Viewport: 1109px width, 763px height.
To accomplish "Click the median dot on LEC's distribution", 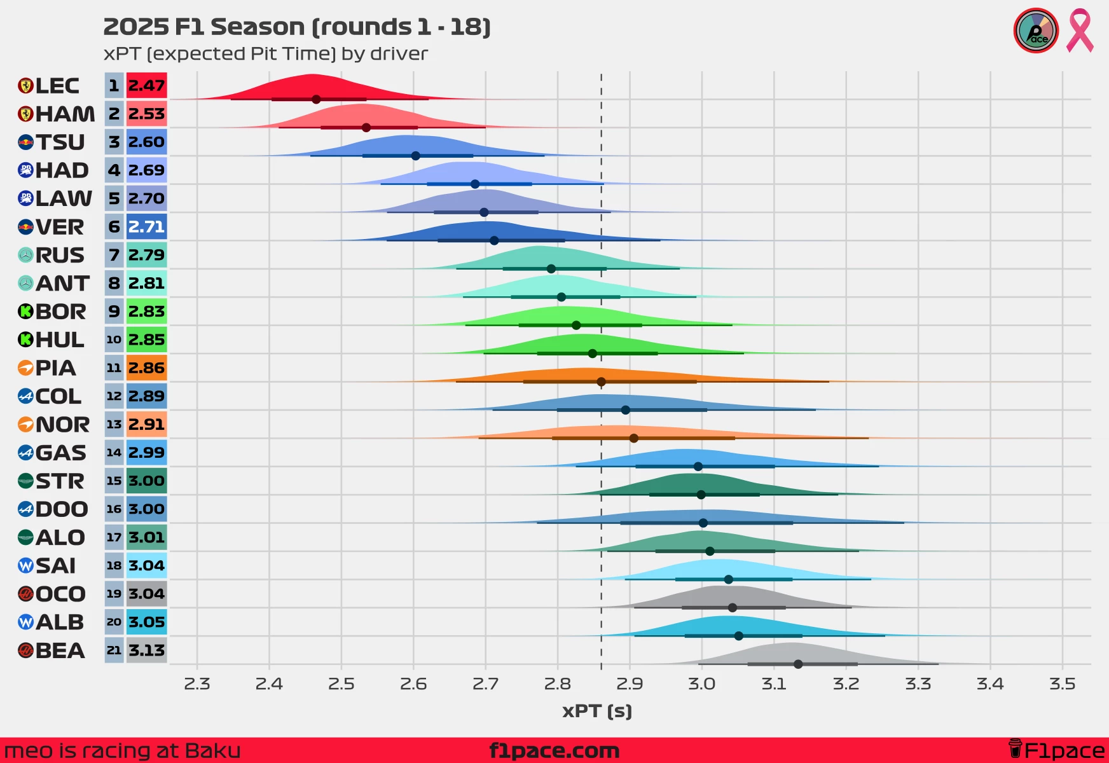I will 316,99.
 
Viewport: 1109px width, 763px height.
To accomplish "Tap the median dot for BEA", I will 798,664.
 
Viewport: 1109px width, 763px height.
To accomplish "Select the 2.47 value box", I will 146,86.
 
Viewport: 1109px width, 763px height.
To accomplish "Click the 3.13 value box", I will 146,650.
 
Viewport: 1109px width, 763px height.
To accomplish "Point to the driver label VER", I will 60,227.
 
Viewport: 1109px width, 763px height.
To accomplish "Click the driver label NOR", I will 62,425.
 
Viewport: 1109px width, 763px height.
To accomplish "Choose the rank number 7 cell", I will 114,255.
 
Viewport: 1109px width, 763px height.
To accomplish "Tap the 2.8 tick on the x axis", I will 558,684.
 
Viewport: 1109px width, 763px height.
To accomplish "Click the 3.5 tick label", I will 1062,684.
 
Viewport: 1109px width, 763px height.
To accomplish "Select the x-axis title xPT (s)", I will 597,711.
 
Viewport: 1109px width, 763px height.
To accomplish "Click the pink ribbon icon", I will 1080,31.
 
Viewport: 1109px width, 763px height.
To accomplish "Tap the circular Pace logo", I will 1036,31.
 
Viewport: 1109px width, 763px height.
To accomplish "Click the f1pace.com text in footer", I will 554,751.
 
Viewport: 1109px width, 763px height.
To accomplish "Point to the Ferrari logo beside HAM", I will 25,114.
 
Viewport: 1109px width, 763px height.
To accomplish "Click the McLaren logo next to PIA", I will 25,368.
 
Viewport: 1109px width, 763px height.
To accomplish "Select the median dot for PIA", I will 601,381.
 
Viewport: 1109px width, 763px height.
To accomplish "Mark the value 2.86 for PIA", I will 146,368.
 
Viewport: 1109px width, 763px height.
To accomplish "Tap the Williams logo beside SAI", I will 25,566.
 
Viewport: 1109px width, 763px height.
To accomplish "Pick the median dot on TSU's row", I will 415,156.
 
